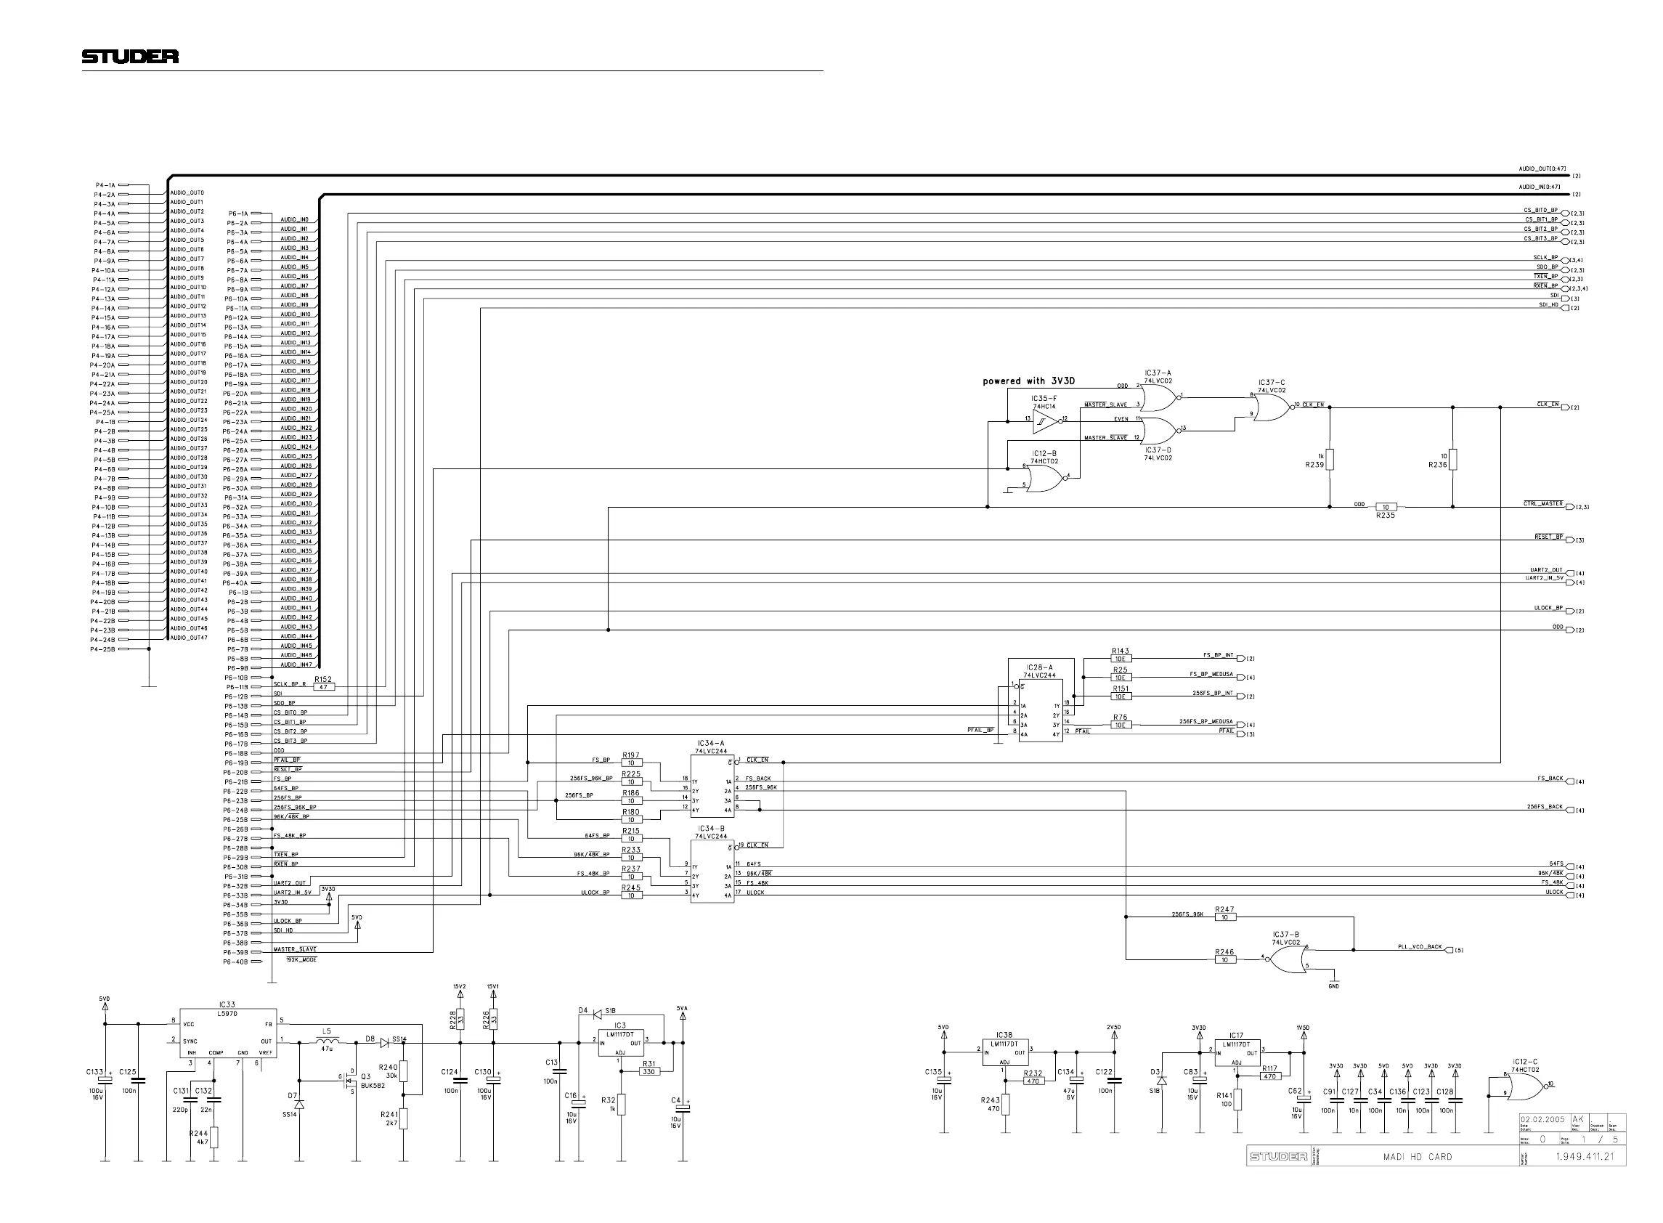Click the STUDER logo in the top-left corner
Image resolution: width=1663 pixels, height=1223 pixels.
click(129, 56)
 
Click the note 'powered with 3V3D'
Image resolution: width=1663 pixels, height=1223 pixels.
click(1028, 381)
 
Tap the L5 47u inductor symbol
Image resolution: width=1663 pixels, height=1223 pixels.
click(326, 1041)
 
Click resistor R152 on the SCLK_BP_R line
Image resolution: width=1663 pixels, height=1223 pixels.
click(323, 687)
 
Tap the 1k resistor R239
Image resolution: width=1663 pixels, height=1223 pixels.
click(1329, 460)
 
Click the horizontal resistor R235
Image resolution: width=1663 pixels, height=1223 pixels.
click(1385, 507)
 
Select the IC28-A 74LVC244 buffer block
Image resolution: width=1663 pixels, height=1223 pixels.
click(1040, 710)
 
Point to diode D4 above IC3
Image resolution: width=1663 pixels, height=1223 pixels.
click(597, 1012)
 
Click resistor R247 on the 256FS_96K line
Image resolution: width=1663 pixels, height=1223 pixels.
click(1225, 917)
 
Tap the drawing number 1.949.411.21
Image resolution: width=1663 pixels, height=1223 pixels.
click(1584, 1156)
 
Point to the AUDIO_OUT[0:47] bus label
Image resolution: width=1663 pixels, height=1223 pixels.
click(1542, 168)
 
